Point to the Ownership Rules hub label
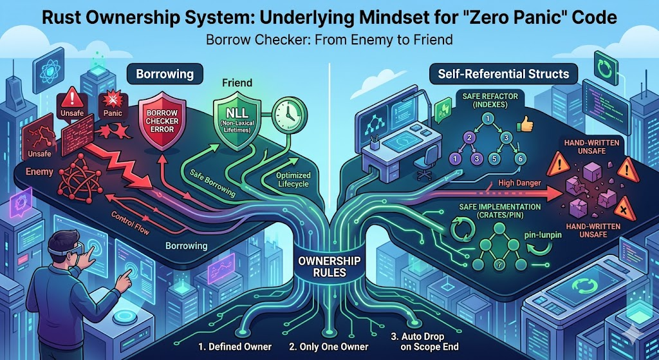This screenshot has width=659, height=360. (x=329, y=266)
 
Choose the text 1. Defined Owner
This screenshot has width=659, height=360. (x=235, y=347)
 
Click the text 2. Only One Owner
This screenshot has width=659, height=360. (x=329, y=347)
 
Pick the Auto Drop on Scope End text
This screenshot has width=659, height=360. (x=423, y=342)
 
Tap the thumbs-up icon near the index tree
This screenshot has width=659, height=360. (x=524, y=124)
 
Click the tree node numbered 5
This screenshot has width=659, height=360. (x=495, y=159)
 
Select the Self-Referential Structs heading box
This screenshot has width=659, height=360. (x=503, y=74)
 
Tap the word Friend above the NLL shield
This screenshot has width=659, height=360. (x=237, y=83)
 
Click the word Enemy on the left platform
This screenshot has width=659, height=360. (x=39, y=171)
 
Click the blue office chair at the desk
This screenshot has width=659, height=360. (x=425, y=165)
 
